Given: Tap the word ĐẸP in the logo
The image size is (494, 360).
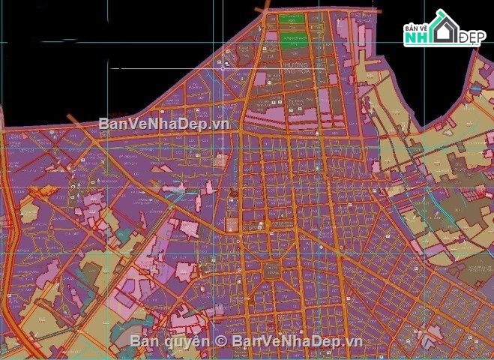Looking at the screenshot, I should (x=471, y=37).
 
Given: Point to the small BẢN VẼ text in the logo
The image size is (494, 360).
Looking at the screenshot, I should (x=416, y=26).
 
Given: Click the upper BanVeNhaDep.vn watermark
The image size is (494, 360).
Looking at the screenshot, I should (x=163, y=123).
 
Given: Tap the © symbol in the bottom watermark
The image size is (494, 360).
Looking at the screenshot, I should (x=221, y=341).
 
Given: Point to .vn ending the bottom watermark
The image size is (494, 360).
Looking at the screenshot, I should (x=354, y=341).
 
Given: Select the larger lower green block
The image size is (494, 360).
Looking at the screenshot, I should (x=293, y=37).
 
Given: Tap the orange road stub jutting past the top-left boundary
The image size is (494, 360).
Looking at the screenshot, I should (x=73, y=120).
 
